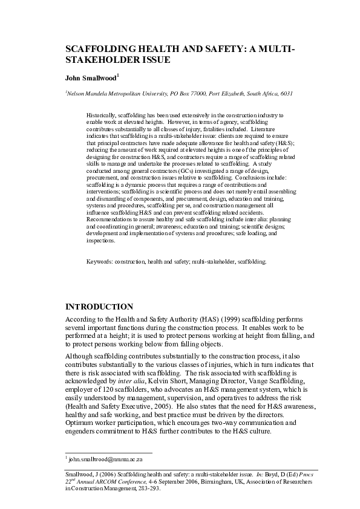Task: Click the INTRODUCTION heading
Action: pos(99,306)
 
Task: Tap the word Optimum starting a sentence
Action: pos(79,423)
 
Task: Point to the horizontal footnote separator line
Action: pos(108,452)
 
